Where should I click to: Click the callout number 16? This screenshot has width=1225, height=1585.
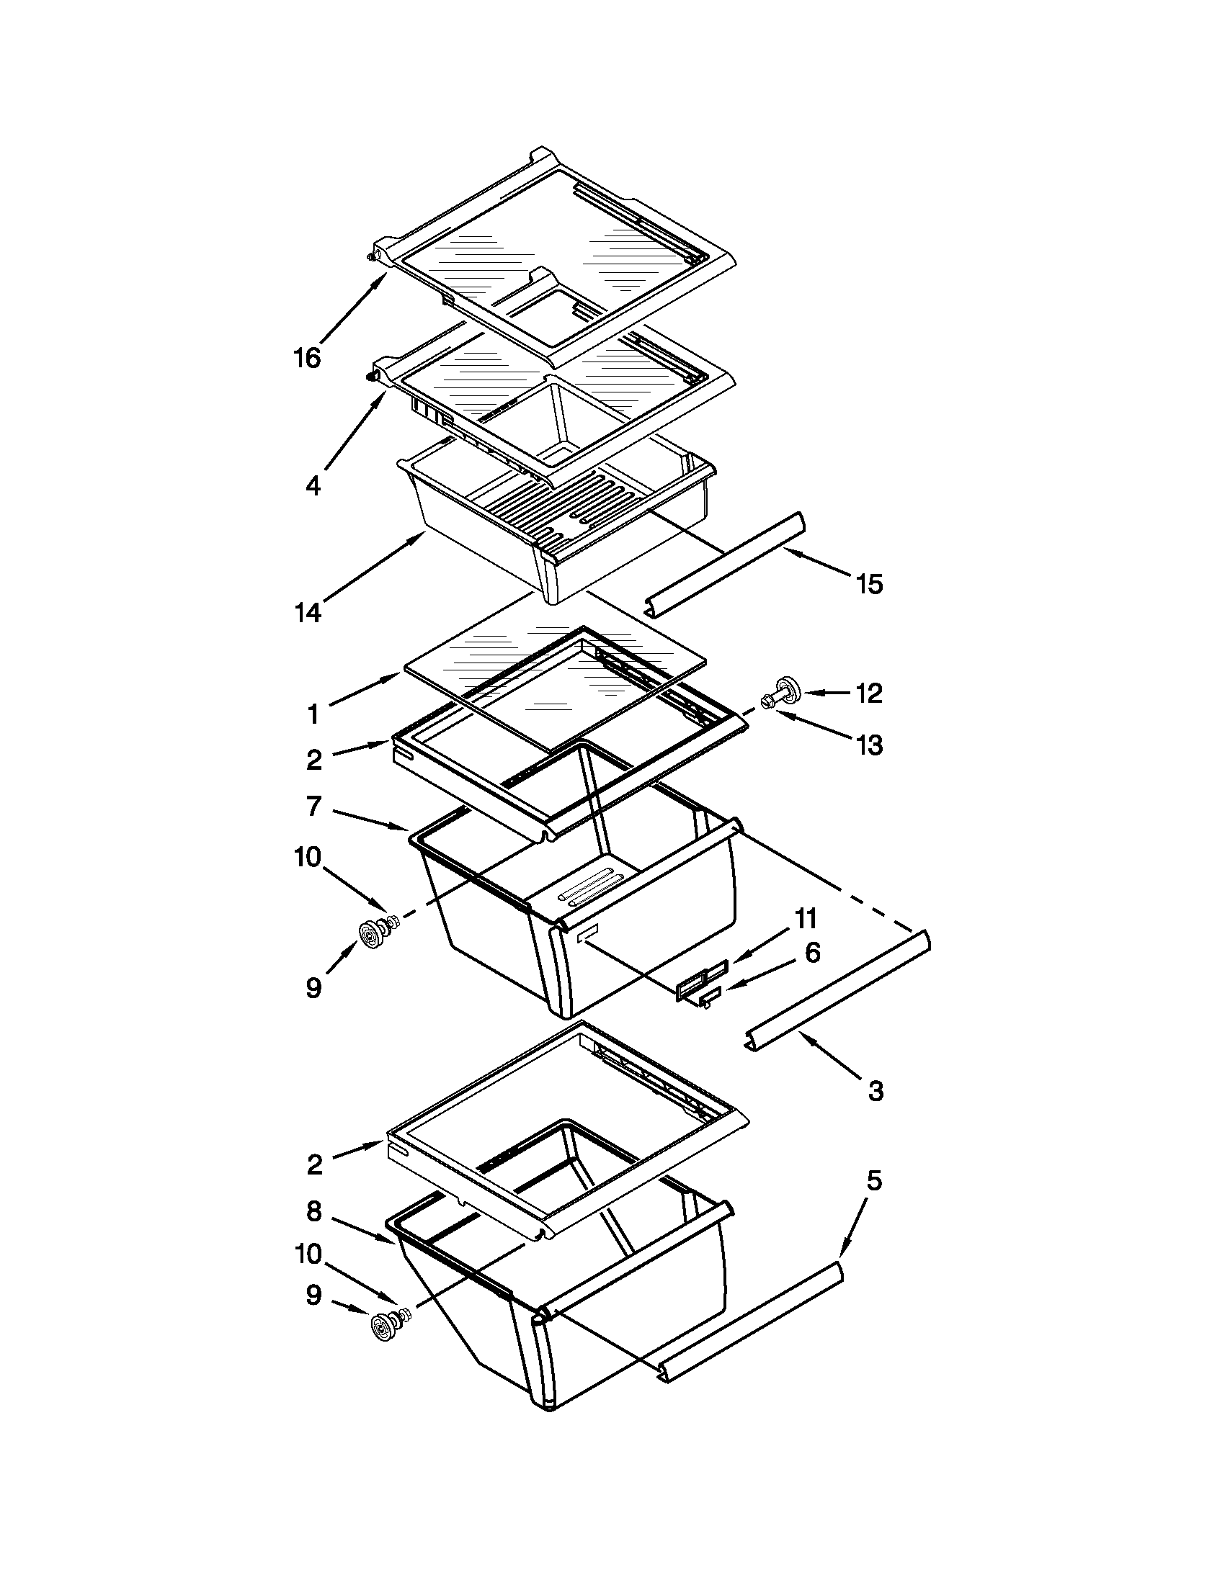[x=307, y=358]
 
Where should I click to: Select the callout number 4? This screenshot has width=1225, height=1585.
[x=313, y=485]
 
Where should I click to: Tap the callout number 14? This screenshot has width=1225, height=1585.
[x=307, y=614]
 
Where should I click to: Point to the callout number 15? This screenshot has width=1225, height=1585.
[x=869, y=584]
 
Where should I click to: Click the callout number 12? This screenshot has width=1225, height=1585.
[x=869, y=693]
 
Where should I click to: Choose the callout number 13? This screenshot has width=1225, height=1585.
[x=869, y=745]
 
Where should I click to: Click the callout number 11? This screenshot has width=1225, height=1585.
[x=806, y=920]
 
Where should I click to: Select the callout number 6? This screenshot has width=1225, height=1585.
[x=813, y=952]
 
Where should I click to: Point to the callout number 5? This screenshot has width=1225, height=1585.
[x=874, y=1182]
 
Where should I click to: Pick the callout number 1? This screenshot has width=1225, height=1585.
[x=313, y=716]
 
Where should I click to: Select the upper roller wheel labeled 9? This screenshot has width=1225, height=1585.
[x=373, y=933]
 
